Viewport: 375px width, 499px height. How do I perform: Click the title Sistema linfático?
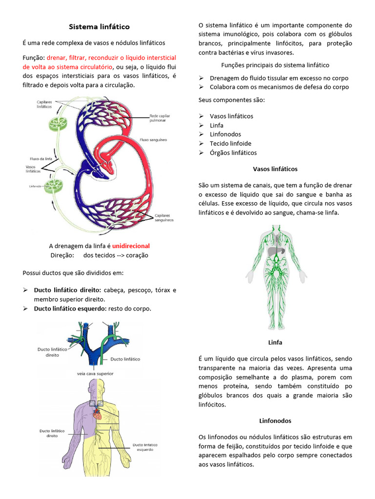pyautogui.click(x=99, y=26)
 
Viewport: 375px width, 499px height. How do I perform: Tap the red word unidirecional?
pyautogui.click(x=131, y=246)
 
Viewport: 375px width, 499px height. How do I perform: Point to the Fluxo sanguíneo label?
pyautogui.click(x=153, y=139)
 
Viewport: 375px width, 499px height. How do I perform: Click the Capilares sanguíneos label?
pyautogui.click(x=164, y=217)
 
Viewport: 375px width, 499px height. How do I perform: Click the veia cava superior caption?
pyautogui.click(x=95, y=374)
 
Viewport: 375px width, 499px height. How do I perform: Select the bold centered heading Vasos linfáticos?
pyautogui.click(x=275, y=169)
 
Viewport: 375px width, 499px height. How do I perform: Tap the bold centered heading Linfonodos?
pyautogui.click(x=275, y=420)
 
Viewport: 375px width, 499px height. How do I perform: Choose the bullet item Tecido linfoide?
pyautogui.click(x=230, y=143)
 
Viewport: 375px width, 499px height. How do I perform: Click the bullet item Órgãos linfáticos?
pyautogui.click(x=233, y=153)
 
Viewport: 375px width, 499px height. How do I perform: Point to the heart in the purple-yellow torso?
pyautogui.click(x=98, y=415)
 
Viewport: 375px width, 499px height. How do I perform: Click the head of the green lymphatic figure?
pyautogui.click(x=276, y=229)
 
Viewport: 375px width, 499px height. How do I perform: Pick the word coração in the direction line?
pyautogui.click(x=137, y=255)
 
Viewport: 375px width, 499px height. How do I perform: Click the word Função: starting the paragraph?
pyautogui.click(x=34, y=58)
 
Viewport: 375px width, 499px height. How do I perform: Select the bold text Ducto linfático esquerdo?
pyautogui.click(x=70, y=308)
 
